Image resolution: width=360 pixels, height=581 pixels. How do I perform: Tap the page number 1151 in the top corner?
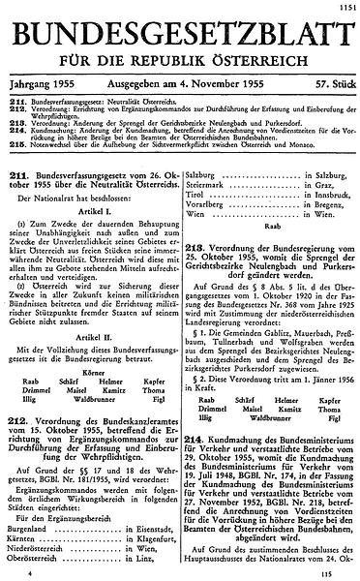coord(345,8)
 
